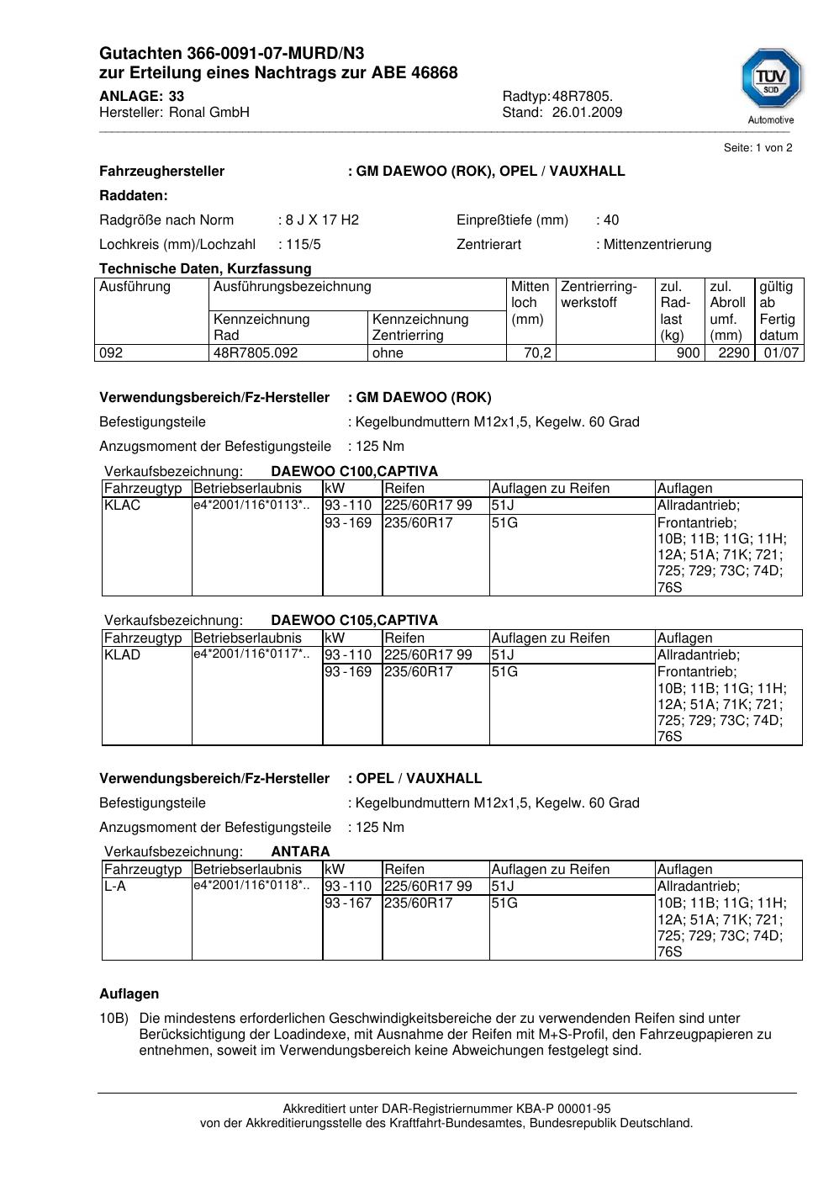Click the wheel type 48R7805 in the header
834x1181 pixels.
(582, 96)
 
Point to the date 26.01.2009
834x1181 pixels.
(587, 112)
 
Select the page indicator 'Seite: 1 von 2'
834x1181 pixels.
(757, 147)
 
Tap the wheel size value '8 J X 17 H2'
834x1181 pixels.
(322, 220)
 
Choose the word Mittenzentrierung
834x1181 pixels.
(657, 244)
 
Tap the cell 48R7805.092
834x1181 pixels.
(256, 352)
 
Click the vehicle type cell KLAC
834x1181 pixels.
(123, 505)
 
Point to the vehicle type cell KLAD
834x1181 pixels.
(123, 654)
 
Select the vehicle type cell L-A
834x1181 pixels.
(115, 886)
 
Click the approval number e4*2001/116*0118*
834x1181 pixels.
(251, 885)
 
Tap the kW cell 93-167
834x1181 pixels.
(348, 903)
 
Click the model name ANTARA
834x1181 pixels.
(300, 851)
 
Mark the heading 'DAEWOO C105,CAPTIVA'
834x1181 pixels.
(354, 620)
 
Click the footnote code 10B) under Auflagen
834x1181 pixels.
(113, 1018)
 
